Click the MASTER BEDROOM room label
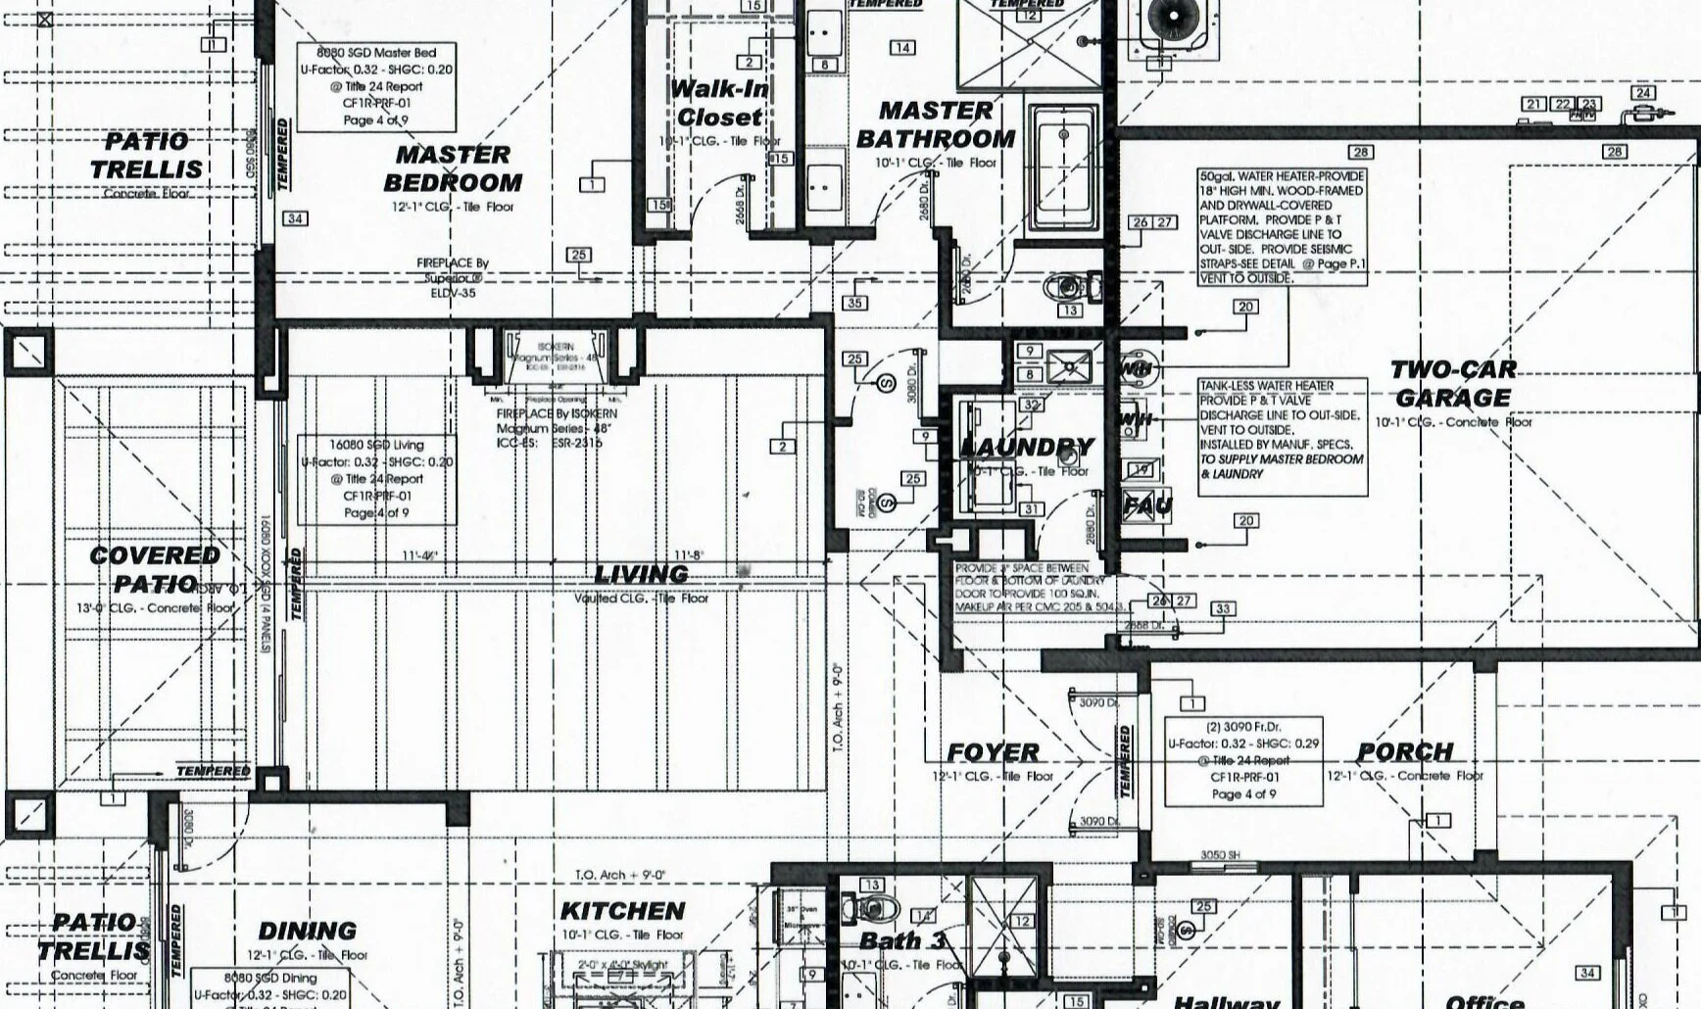[x=453, y=168]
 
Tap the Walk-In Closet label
[x=720, y=103]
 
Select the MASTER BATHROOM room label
[x=936, y=124]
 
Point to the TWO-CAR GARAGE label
[x=1453, y=383]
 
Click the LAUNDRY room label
[x=1026, y=448]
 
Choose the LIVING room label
[x=642, y=574]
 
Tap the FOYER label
[x=993, y=752]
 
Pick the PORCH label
[x=1405, y=752]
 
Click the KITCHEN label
[x=622, y=911]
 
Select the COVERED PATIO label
[x=154, y=569]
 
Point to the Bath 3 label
[x=902, y=941]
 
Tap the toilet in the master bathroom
[x=1072, y=287]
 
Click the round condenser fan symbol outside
[x=1172, y=19]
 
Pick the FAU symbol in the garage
[x=1146, y=506]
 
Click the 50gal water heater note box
[x=1282, y=227]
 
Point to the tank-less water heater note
[x=1282, y=430]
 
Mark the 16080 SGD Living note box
[x=377, y=479]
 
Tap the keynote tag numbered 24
[x=1643, y=93]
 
